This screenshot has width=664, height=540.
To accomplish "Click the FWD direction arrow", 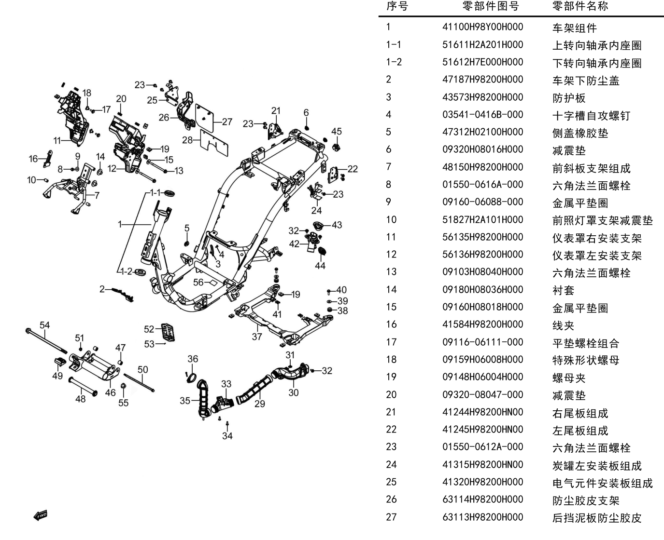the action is pos(41,515).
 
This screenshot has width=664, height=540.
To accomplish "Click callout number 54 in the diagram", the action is pos(44,325).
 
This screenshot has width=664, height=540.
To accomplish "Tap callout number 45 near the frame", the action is pos(337,131).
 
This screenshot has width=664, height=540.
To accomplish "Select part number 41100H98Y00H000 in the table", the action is pos(482,27).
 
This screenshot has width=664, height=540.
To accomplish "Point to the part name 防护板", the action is pos(569,98).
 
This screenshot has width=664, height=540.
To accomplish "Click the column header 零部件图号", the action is pos(491,6).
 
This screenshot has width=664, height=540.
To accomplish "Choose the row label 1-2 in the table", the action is pos(394,62).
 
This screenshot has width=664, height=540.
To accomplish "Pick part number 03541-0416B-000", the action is pos(482,115).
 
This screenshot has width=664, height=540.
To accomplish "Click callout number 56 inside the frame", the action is pos(198,282).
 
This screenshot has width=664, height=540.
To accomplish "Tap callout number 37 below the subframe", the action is pos(257,337).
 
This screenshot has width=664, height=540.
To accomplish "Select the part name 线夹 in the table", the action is pos(563,325).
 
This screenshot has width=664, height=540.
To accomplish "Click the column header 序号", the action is pos(397,6).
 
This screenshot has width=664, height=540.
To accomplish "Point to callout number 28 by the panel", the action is pos(187,140).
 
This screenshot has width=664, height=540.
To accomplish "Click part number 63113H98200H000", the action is pos(482,517).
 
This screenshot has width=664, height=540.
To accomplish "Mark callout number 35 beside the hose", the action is pos(185,401).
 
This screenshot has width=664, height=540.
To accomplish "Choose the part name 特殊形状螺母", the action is pos(586,361).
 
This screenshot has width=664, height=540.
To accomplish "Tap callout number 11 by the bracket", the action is pos(57,141).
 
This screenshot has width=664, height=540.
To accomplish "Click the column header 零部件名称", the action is pos(580,6).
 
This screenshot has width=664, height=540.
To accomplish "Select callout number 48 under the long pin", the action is pos(81,399).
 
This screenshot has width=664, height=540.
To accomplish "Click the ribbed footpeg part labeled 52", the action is pos(168,332).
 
